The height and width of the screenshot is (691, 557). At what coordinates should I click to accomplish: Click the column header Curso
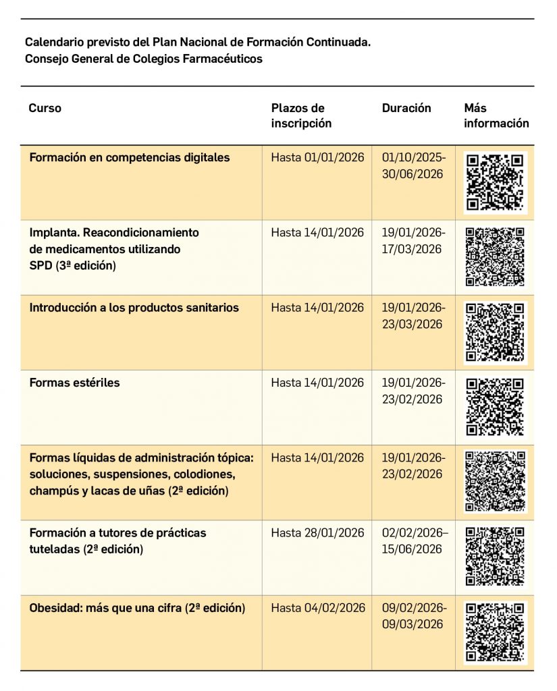point(45,108)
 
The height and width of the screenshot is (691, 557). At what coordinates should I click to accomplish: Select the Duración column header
point(406,108)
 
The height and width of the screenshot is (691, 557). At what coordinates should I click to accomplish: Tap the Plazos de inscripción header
point(301,115)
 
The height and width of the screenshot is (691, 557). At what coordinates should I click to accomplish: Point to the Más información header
point(496,115)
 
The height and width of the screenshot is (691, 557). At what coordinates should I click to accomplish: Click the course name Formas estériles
point(74,383)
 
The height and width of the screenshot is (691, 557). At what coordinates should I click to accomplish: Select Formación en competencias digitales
point(129,158)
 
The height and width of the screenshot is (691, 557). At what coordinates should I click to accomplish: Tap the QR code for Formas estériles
point(495,406)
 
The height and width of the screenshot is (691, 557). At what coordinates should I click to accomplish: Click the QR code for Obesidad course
point(495,632)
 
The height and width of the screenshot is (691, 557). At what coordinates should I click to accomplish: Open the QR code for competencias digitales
point(495,182)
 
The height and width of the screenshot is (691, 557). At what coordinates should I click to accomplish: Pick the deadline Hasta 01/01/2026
point(317,158)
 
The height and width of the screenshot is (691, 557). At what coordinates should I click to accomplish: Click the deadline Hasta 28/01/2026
point(317,533)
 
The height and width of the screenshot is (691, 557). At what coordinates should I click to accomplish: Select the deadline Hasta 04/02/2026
point(317,608)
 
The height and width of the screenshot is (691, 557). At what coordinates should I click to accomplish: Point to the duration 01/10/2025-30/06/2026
point(413,166)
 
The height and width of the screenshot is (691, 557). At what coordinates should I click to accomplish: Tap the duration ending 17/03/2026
point(413,241)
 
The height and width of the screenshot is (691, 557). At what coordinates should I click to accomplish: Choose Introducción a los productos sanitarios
point(134,308)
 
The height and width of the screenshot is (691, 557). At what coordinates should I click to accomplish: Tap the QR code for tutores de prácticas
point(495,556)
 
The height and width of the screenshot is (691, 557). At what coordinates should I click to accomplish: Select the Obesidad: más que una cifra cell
point(137,608)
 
